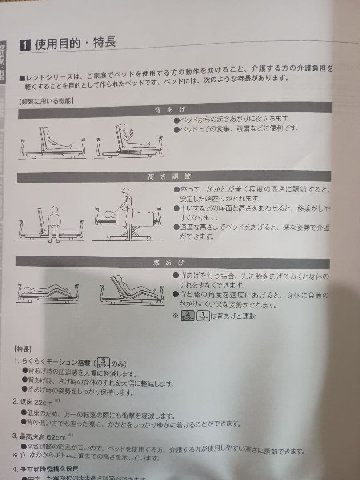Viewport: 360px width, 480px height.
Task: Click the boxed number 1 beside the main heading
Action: click(25, 45)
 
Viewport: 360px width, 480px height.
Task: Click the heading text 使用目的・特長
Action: click(75, 44)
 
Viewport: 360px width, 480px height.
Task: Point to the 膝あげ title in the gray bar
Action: click(168, 263)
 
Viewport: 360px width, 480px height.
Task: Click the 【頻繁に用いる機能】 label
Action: click(47, 100)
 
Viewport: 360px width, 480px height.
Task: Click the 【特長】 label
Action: click(23, 349)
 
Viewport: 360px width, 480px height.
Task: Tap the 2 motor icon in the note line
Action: click(188, 316)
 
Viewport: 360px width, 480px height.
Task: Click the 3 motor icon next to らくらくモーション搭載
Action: click(103, 362)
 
